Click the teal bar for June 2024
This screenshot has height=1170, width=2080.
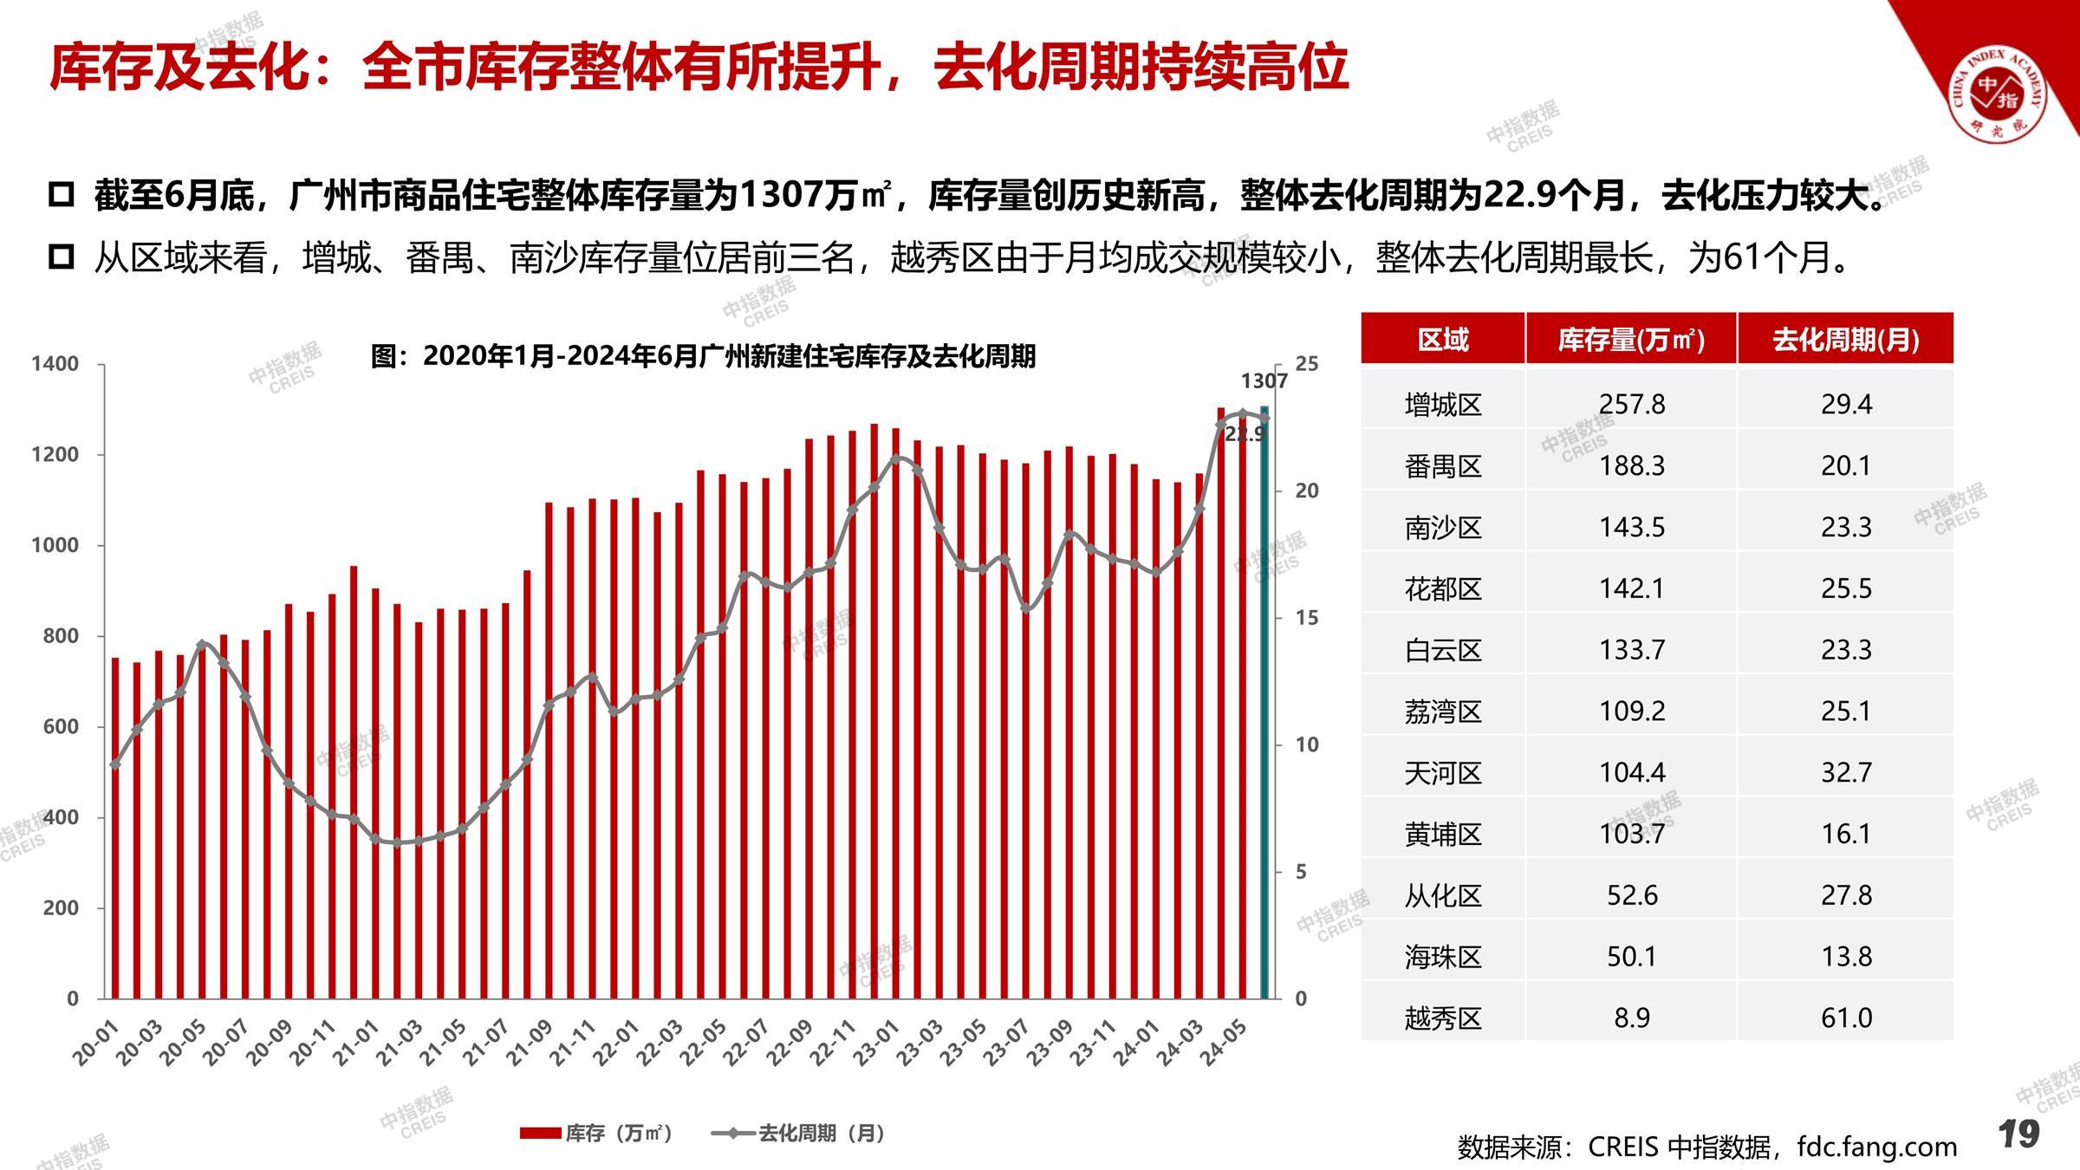point(1264,702)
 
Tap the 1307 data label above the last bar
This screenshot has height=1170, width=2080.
point(1264,380)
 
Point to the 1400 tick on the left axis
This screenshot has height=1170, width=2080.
point(55,364)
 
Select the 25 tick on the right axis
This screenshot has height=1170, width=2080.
point(1306,364)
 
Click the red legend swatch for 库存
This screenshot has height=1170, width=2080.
point(540,1133)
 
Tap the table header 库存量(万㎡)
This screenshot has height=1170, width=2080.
point(1631,339)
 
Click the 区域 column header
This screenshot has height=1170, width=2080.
point(1443,339)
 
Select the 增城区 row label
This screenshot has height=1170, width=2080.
point(1443,405)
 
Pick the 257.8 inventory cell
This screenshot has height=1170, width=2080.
point(1631,405)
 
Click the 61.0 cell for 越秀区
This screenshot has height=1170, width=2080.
point(1846,1017)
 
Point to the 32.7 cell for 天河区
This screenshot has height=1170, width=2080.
point(1846,772)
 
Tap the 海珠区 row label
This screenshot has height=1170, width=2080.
point(1443,957)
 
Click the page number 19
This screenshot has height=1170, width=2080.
point(2018,1134)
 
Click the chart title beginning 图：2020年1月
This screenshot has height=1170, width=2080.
point(703,356)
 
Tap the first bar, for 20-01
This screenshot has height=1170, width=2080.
point(115,828)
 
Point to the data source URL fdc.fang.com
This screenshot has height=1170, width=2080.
point(1877,1147)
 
